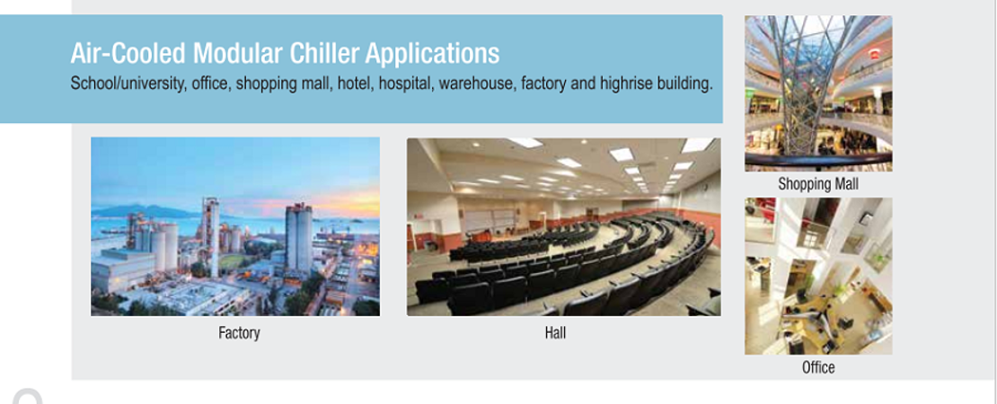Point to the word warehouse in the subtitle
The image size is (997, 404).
[x=477, y=84]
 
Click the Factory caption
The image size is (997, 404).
[x=239, y=333]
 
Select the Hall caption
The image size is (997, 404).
[x=555, y=332]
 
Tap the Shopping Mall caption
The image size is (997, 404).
[x=818, y=184]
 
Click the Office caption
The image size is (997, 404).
[x=818, y=367]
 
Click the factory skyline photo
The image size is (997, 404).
[x=235, y=227]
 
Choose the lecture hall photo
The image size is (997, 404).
[x=564, y=227]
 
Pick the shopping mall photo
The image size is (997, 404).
[x=818, y=93]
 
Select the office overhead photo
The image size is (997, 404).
[x=818, y=277]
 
